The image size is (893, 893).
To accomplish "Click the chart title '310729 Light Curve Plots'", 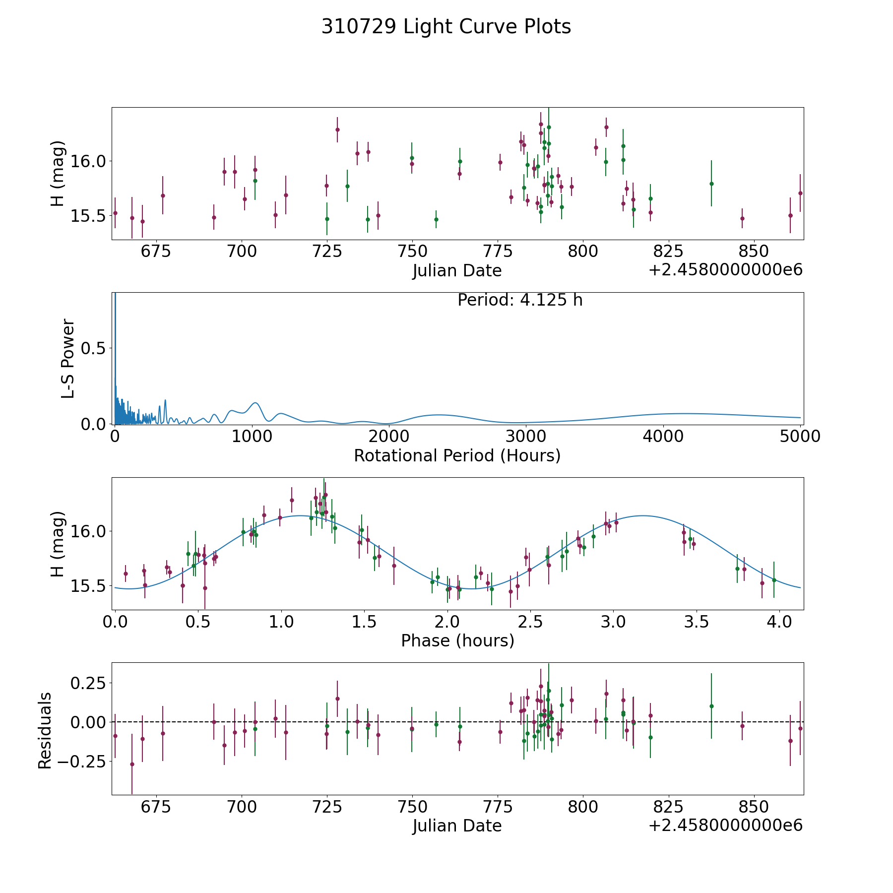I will (446, 27).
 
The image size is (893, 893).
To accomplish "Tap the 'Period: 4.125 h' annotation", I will (519, 300).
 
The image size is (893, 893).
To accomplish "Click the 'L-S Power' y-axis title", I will (68, 358).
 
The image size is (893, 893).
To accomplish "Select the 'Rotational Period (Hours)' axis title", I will (457, 455).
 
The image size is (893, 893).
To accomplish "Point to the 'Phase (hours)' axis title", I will (457, 640).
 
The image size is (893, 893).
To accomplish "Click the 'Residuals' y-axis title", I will (45, 730).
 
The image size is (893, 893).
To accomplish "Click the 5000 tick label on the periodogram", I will (799, 436).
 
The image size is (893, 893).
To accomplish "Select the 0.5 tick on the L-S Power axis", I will (93, 349).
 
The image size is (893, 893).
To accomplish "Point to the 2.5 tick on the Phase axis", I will (530, 621).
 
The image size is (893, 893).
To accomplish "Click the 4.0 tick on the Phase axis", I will (779, 621).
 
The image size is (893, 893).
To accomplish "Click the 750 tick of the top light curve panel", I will (412, 251).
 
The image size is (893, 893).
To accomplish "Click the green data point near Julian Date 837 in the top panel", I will (711, 184).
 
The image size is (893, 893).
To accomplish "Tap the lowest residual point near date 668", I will (132, 764).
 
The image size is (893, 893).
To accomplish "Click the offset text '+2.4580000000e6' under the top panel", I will (725, 270).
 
